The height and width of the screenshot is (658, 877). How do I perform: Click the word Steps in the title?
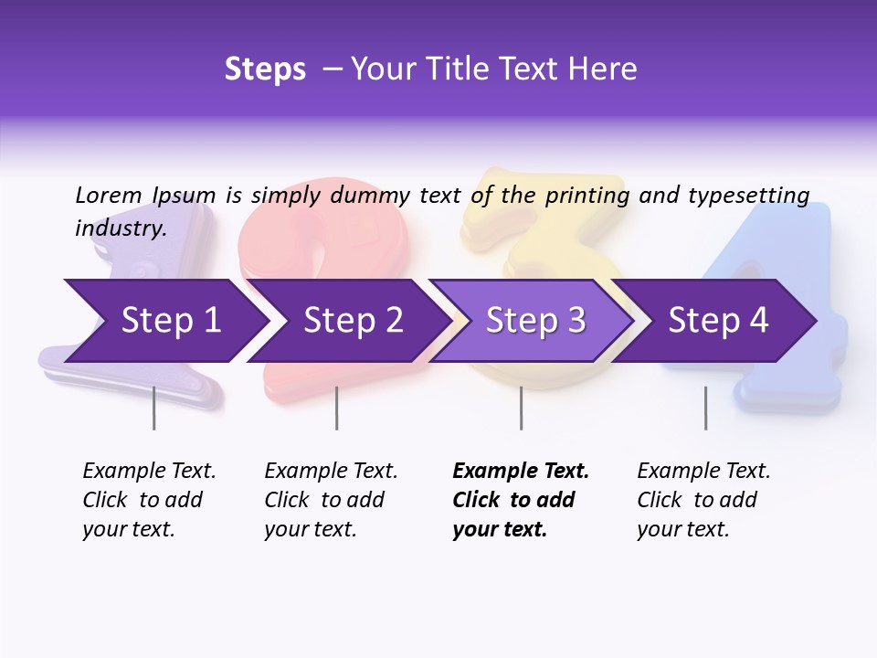[265, 69]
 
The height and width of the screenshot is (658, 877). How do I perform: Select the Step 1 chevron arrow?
[169, 321]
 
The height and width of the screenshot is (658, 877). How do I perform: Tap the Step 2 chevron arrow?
[352, 321]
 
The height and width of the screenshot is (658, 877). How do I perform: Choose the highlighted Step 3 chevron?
[534, 321]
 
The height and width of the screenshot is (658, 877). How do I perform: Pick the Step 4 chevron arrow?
[717, 321]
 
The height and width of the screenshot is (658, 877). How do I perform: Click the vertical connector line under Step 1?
[153, 408]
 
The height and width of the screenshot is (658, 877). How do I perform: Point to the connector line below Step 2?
[337, 408]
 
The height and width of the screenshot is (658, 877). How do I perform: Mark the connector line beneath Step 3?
[521, 408]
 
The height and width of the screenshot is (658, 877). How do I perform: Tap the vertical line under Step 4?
[705, 408]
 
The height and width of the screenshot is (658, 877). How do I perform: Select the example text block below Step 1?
[149, 500]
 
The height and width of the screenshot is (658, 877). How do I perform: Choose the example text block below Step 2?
[331, 500]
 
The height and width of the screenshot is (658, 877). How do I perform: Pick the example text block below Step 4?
[703, 500]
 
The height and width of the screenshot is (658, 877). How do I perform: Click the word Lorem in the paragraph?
[109, 196]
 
